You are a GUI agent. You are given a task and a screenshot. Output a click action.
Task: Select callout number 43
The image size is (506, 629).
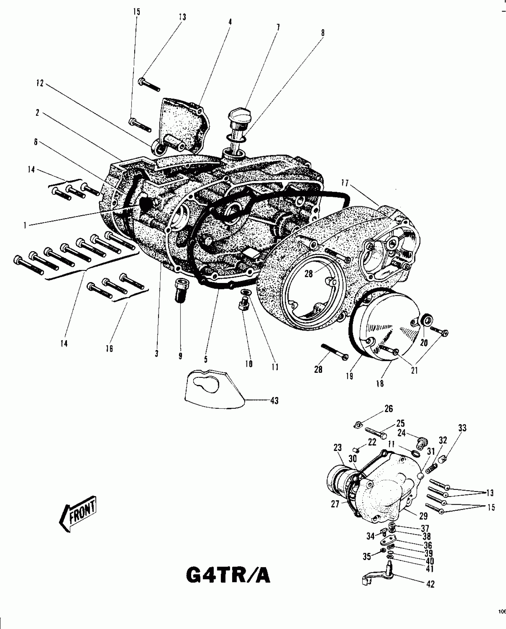pos(274,401)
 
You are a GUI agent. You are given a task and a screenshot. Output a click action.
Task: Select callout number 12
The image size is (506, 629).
pos(40,84)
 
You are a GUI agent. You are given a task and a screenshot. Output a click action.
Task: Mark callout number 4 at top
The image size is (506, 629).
pos(230,22)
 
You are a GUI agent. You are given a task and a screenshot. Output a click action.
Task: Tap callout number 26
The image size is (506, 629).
pos(388,409)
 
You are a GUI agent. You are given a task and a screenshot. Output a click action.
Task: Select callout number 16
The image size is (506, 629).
pos(109,349)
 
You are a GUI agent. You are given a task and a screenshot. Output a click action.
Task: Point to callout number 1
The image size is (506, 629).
pos(25,226)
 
